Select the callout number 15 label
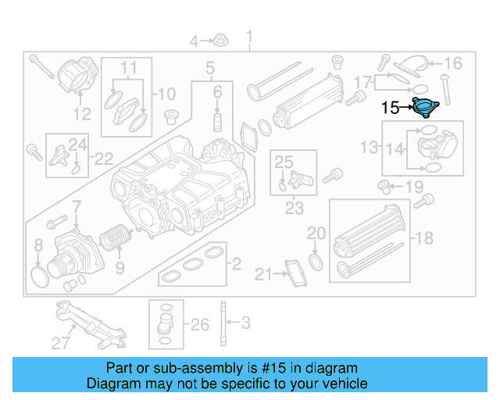click(x=390, y=108)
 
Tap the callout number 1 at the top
click(x=250, y=37)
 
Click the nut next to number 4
click(x=221, y=40)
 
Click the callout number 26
click(x=200, y=323)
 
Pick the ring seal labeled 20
click(x=315, y=259)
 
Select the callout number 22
click(x=104, y=159)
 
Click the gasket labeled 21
click(x=296, y=274)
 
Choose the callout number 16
click(x=453, y=63)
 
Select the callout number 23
click(x=294, y=209)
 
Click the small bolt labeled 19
click(x=384, y=186)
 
